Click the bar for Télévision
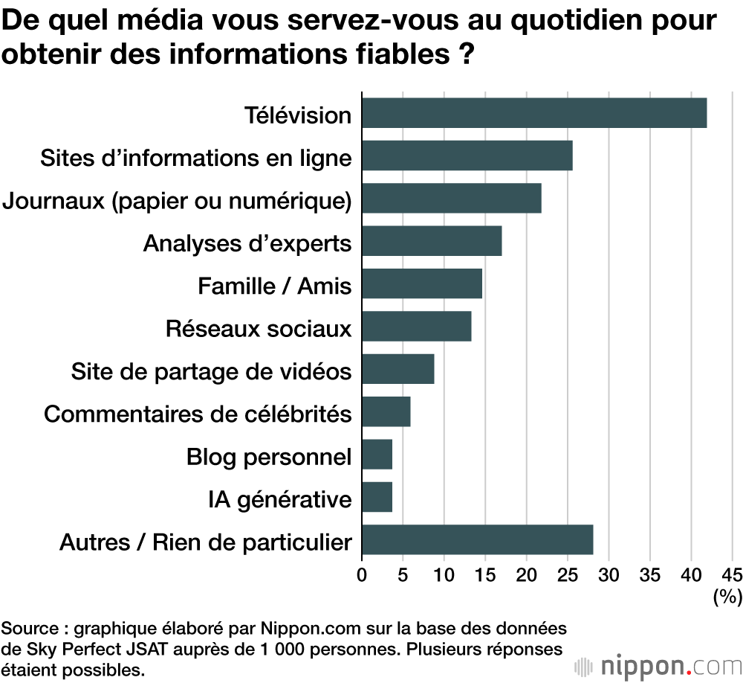coord(533,113)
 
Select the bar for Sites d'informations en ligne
coord(467,155)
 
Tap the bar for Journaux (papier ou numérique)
coord(451,199)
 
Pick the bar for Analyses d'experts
coord(432,241)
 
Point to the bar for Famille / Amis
coord(421,283)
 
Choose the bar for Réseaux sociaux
coord(416,327)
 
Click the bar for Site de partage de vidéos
coord(398,369)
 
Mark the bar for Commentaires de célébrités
coord(386,412)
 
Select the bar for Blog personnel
coord(377,455)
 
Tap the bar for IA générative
coord(377,497)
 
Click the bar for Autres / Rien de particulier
coord(477,539)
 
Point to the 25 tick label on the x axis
coord(568,574)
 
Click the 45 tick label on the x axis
coord(731,574)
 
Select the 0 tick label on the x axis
coord(362,574)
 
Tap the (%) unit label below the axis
coord(727,596)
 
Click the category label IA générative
coord(279,498)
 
